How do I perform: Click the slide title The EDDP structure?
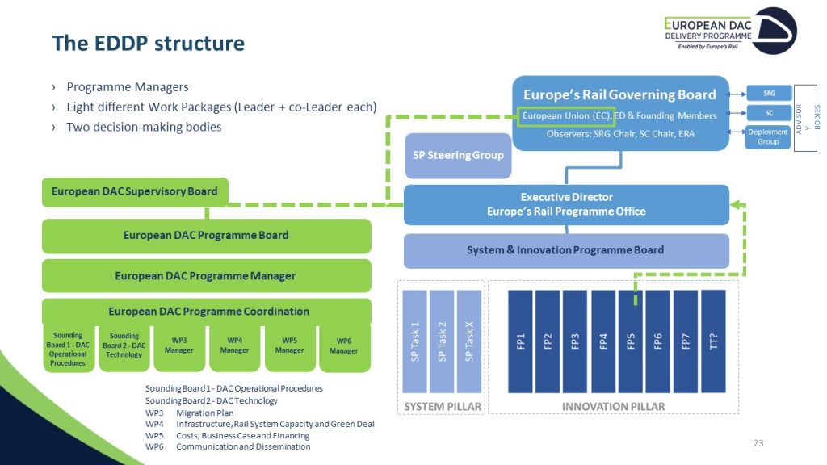tap(148, 43)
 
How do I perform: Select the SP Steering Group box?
tap(457, 155)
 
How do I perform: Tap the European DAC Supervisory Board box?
tap(134, 192)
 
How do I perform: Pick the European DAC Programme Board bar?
tap(206, 236)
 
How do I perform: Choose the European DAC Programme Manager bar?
tap(206, 276)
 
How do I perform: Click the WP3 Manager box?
tap(178, 346)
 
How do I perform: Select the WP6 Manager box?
tap(343, 346)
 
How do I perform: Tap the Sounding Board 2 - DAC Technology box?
tap(124, 346)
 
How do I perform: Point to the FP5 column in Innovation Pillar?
tap(631, 341)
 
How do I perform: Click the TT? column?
tap(713, 341)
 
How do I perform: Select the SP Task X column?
tap(468, 341)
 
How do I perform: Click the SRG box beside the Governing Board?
tap(768, 93)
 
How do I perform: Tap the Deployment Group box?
tap(768, 137)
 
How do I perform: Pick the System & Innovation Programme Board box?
tap(565, 250)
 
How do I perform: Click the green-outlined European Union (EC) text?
tap(566, 116)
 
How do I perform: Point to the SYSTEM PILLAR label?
tap(440, 406)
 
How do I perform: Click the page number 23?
tap(758, 443)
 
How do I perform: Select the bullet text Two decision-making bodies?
tap(144, 127)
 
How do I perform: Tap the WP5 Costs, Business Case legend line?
tap(242, 435)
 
